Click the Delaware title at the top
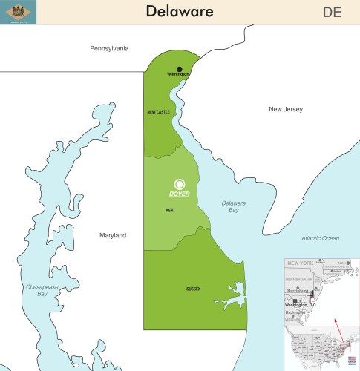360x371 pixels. [179, 11]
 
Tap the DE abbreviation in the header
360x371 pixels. [333, 11]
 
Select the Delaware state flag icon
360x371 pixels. [16, 10]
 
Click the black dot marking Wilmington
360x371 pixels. [179, 69]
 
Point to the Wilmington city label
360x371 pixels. [178, 75]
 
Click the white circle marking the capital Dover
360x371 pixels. [179, 184]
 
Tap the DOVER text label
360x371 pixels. [179, 194]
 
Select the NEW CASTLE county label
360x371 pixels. [158, 112]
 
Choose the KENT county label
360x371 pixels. [170, 210]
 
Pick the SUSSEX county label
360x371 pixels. [193, 289]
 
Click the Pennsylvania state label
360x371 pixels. [109, 48]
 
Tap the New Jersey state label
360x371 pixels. [286, 109]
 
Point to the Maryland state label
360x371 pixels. [113, 235]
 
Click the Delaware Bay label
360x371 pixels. [233, 206]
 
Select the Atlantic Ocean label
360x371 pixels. [320, 238]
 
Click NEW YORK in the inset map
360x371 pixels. [300, 263]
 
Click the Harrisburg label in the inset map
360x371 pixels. [299, 290]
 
